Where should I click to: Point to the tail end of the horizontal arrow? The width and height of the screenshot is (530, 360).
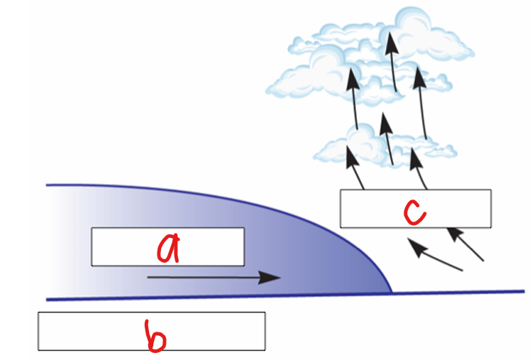point(149,277)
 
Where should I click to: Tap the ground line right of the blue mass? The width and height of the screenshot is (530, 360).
point(461,292)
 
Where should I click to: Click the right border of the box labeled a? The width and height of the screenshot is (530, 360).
point(244,246)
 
